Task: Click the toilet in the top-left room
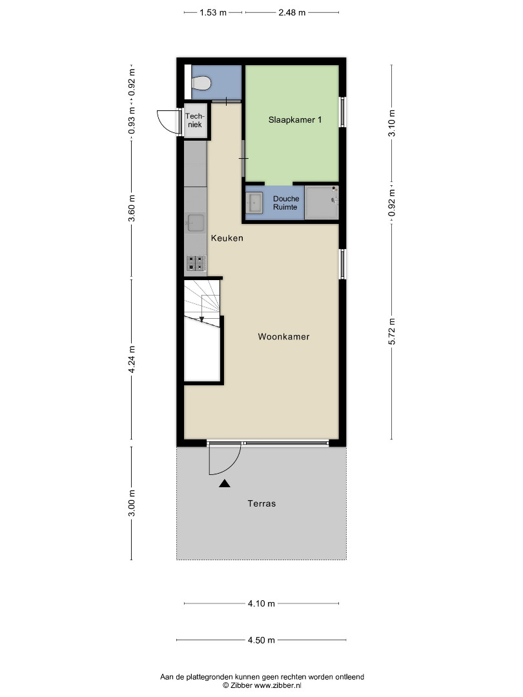[200, 83]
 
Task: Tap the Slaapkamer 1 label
[295, 119]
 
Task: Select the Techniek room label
[194, 121]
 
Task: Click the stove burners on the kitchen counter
[196, 263]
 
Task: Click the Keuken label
[227, 237]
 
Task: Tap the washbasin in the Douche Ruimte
[254, 203]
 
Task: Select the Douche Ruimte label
[285, 203]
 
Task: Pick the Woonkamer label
[283, 336]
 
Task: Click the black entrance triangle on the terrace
[225, 483]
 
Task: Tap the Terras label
[261, 503]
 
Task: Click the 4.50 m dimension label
[261, 640]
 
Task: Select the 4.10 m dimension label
[261, 603]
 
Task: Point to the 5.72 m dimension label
[392, 331]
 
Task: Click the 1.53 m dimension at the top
[213, 12]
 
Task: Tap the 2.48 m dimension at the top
[292, 12]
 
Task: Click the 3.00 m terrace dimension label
[132, 503]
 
